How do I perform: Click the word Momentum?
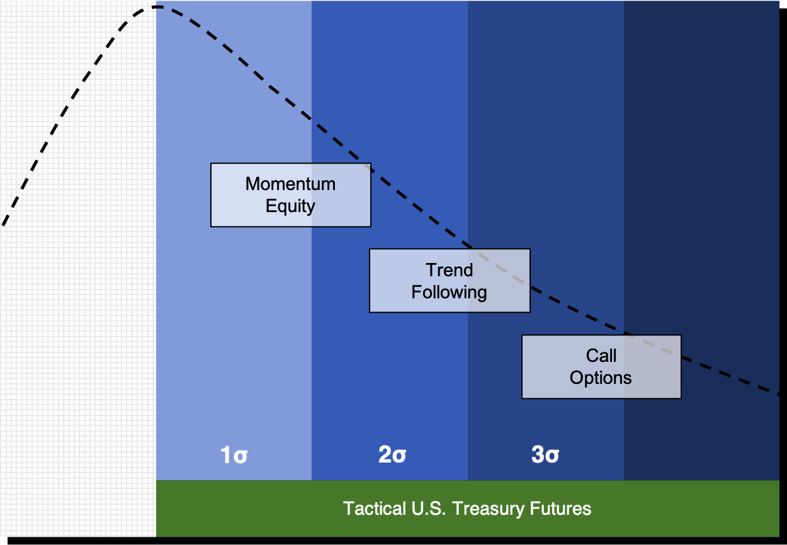click(x=290, y=184)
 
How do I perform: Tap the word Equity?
click(x=290, y=206)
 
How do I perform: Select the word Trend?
click(x=450, y=270)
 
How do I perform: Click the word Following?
click(x=450, y=292)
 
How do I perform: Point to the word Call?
click(x=601, y=356)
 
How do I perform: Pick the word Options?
click(x=601, y=378)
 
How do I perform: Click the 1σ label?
click(x=234, y=455)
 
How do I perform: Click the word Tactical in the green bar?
click(x=374, y=508)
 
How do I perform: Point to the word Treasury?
click(x=489, y=509)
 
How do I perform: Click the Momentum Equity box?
click(x=290, y=195)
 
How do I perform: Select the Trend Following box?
click(x=450, y=281)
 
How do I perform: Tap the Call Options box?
click(x=601, y=367)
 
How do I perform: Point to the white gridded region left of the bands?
click(x=78, y=269)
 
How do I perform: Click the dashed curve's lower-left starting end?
click(x=3, y=225)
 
